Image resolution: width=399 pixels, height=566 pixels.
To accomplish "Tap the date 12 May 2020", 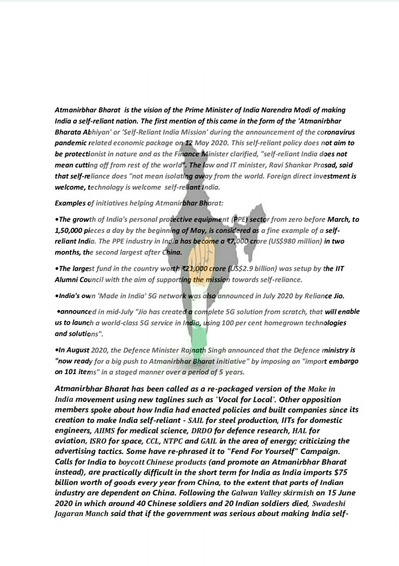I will [x=210, y=143].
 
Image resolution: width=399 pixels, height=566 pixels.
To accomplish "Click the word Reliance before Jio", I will [x=313, y=296].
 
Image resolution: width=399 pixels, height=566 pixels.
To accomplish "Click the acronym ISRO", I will [x=96, y=441].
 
